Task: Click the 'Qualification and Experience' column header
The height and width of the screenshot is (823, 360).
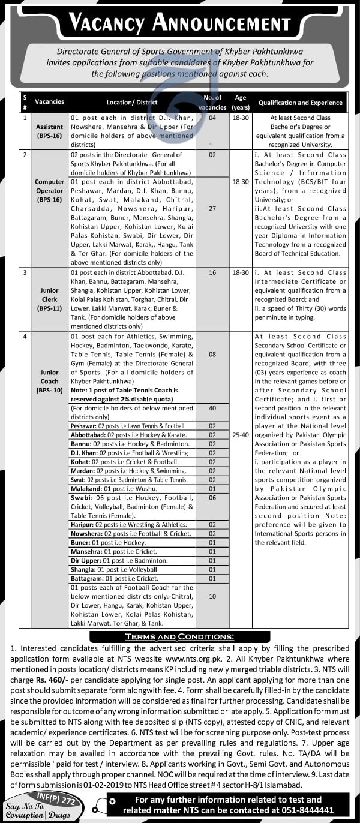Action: click(x=300, y=103)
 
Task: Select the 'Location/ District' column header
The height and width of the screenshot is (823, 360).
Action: click(x=131, y=103)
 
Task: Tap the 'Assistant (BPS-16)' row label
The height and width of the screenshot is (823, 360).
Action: click(x=49, y=131)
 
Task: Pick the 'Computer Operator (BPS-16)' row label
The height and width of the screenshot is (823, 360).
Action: click(x=49, y=190)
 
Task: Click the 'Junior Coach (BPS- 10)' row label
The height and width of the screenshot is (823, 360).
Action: click(x=49, y=381)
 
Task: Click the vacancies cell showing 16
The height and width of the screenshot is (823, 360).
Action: click(x=212, y=272)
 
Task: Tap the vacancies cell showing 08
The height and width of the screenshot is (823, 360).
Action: click(x=212, y=355)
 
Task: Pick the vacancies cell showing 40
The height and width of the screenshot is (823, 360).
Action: click(x=212, y=408)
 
